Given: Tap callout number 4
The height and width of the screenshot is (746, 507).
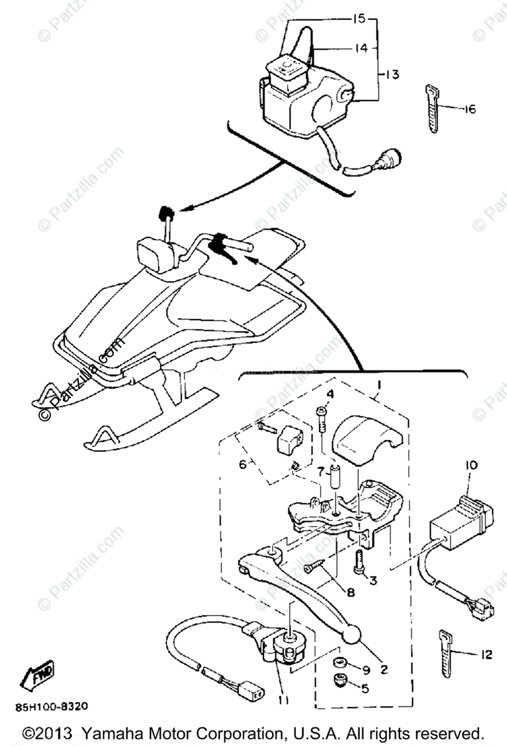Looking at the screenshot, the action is pos(330,394).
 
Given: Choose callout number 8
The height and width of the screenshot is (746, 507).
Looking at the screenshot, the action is pos(350,593).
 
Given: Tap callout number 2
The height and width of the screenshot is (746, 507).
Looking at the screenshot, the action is pos(385,670).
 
